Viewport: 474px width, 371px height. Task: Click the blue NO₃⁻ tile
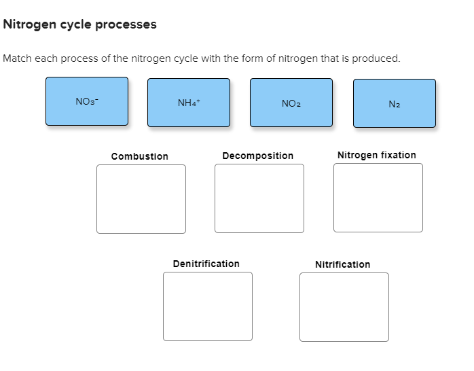[x=87, y=101]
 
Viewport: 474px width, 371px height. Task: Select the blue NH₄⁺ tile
[x=189, y=103]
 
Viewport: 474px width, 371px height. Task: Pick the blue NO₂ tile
[x=291, y=103]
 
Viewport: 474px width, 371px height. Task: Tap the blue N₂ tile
[x=395, y=103]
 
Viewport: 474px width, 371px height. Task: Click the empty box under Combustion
[x=141, y=199]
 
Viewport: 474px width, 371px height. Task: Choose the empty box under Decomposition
[x=259, y=198]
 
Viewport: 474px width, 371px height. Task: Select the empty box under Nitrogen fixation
[x=378, y=198]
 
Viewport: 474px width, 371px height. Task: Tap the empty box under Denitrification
[x=207, y=306]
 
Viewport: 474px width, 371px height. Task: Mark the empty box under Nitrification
[x=344, y=307]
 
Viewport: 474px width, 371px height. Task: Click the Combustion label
[x=140, y=156]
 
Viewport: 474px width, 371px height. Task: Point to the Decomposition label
[x=258, y=156]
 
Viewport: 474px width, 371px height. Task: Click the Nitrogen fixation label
[x=377, y=155]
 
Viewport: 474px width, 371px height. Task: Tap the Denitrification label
[x=206, y=264]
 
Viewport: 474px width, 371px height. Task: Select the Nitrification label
[x=343, y=264]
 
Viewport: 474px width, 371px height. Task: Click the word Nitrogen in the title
[x=28, y=24]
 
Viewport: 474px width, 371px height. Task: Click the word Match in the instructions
[x=17, y=58]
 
